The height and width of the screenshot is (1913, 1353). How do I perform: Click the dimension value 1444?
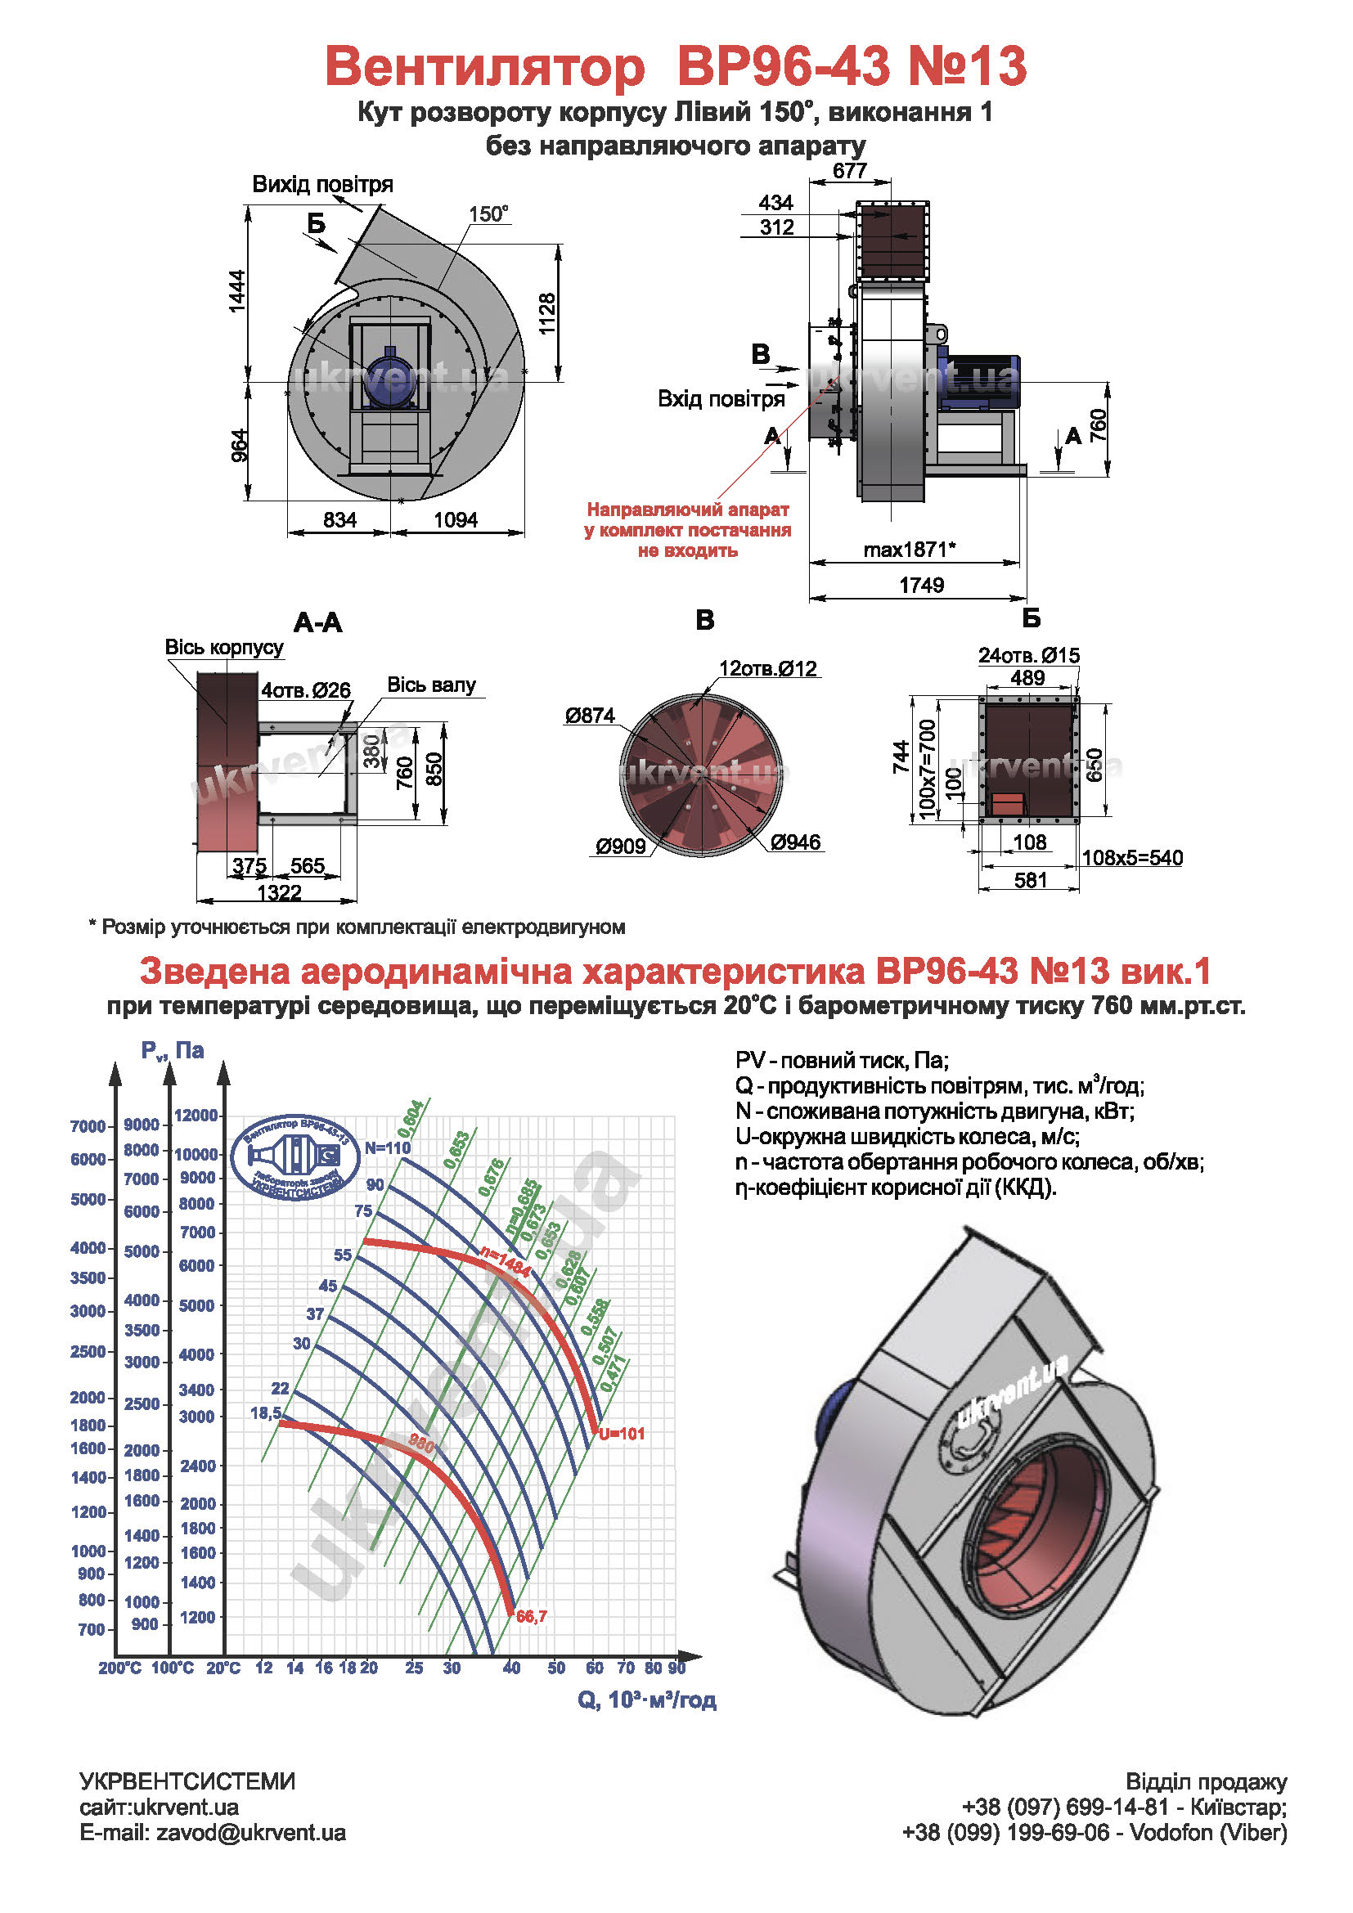237,291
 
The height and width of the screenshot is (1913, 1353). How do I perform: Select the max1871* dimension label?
909,550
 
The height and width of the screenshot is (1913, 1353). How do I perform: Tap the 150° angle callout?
488,214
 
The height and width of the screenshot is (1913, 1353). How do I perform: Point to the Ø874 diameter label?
590,716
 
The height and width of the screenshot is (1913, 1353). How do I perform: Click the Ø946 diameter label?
796,842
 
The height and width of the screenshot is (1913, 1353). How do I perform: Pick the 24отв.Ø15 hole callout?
1028,656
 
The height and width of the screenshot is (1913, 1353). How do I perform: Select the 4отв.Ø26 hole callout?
306,690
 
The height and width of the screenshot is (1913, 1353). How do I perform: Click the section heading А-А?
317,622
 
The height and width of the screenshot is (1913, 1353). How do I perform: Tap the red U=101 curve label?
622,1434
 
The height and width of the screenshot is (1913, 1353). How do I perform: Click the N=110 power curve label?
388,1147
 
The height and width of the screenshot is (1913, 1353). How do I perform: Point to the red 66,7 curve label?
532,1616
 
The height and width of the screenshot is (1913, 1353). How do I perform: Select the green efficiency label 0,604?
411,1118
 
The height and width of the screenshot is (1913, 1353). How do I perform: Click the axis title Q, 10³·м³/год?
646,1700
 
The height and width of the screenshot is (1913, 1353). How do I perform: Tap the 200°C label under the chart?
120,1668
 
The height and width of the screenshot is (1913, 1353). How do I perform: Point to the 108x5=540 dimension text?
1131,858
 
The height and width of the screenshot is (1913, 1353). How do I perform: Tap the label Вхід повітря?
721,399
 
